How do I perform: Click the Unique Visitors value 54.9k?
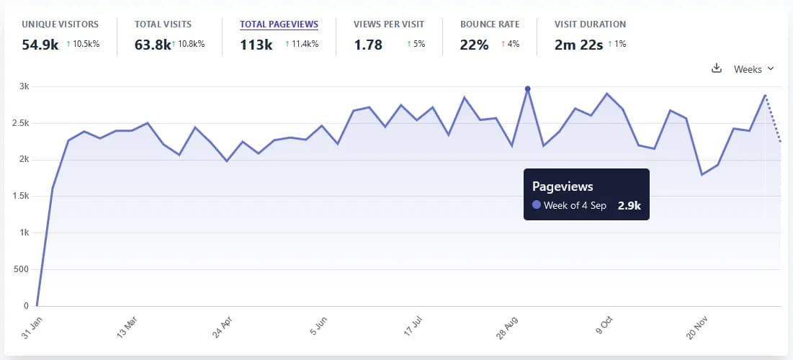40,45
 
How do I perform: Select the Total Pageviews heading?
279,24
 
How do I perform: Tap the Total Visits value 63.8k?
153,45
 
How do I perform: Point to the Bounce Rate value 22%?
474,45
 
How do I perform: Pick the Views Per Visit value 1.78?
367,45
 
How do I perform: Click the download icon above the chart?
716,69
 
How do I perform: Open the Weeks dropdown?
753,69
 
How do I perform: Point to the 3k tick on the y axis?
23,86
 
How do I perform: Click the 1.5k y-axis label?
20,196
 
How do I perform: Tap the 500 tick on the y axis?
22,269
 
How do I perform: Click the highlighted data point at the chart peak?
528,89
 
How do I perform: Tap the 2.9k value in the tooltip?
630,205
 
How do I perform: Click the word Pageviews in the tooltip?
563,186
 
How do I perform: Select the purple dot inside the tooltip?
537,205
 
